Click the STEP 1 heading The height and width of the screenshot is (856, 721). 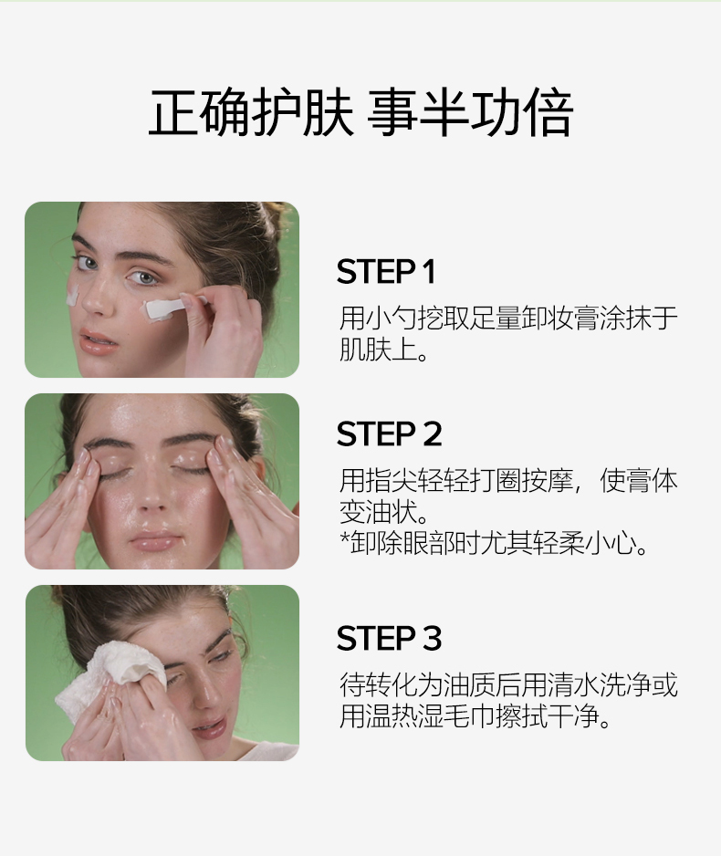386,271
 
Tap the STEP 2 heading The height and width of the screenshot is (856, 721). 389,434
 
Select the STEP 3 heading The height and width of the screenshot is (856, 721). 389,638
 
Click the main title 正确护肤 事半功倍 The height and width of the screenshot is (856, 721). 360,113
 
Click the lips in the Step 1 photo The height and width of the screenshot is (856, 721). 99,344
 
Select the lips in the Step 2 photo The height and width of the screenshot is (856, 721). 155,543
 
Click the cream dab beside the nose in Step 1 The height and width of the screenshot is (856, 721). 72,297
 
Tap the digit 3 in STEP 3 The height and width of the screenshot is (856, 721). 432,638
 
